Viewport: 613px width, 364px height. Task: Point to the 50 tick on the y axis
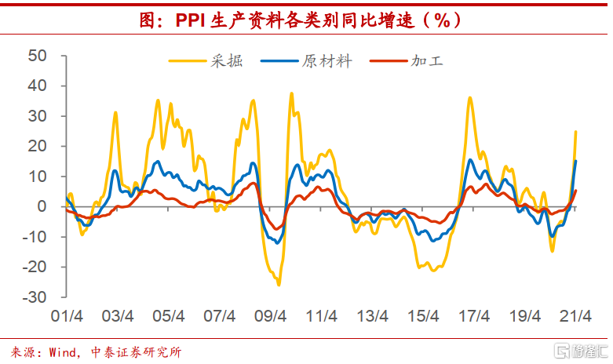38,56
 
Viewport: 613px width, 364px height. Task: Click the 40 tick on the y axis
38,86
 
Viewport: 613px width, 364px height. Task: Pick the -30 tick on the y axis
35,297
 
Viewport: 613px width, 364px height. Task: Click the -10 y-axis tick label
35,237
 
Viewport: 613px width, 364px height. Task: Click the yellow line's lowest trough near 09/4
279,284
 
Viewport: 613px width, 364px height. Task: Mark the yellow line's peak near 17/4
469,98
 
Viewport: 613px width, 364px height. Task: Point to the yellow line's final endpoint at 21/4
575,132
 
